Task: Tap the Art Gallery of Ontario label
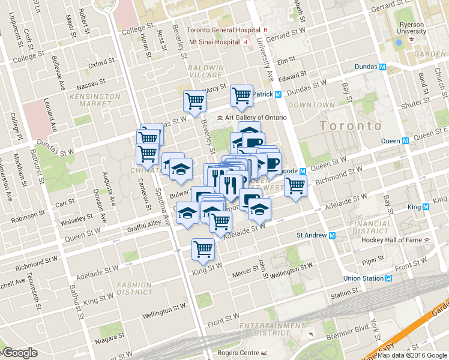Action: coord(252,117)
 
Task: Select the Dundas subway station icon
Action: coord(382,67)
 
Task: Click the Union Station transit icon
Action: coord(389,278)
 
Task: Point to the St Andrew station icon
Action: coord(332,235)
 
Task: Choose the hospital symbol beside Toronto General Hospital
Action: coord(265,30)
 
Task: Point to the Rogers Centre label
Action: coord(240,353)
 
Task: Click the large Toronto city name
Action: coord(351,126)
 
